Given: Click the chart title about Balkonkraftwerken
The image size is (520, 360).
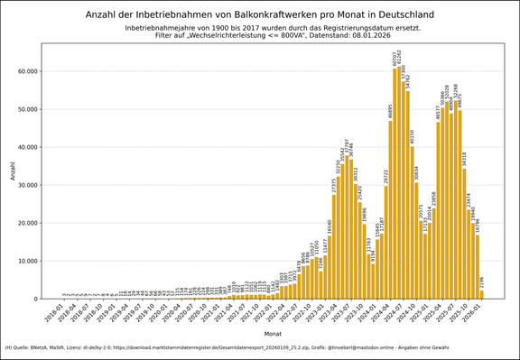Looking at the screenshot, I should [259, 14].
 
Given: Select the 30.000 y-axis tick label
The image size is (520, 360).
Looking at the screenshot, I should [26, 185].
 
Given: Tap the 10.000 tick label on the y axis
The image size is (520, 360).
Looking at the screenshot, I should [26, 261].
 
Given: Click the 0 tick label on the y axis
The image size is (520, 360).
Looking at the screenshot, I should [35, 299].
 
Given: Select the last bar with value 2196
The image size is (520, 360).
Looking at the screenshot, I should [482, 294].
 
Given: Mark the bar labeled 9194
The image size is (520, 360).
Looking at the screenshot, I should [372, 281].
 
